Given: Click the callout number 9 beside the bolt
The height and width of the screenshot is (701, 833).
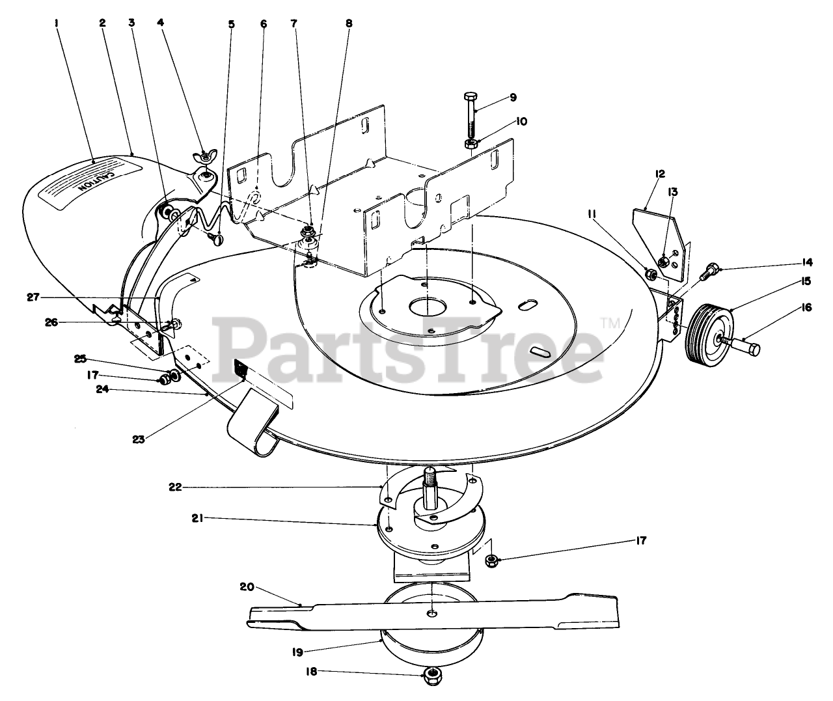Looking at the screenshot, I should point(513,97).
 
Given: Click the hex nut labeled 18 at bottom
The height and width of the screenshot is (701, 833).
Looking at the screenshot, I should point(431,674).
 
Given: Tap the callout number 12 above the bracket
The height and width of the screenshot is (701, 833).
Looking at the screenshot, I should point(642,174).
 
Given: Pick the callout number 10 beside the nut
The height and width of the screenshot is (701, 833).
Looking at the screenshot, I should point(523,121).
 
